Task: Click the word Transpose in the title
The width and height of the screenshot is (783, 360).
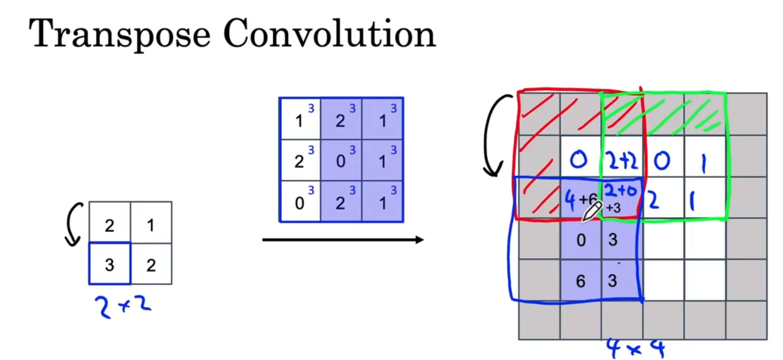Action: coord(120,34)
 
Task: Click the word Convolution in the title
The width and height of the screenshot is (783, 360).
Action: coord(329,34)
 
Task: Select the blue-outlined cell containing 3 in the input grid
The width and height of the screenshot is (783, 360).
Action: coord(110,264)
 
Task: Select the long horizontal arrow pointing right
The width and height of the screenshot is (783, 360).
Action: coord(342,239)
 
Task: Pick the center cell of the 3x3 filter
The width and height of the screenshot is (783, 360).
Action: coord(341,160)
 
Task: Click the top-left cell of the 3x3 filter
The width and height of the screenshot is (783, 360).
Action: coord(300,119)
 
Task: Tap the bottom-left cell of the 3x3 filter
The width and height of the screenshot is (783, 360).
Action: coord(300,202)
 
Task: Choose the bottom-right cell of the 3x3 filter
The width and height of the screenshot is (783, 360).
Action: coord(383,202)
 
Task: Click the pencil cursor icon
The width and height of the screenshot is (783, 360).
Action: coord(592,211)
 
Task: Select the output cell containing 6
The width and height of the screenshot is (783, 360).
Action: coord(581,281)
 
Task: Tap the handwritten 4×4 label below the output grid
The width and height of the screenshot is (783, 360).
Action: coord(635,348)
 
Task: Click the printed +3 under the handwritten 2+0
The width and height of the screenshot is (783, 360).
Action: coord(613,208)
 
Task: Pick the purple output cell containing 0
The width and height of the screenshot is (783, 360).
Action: coord(581,239)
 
